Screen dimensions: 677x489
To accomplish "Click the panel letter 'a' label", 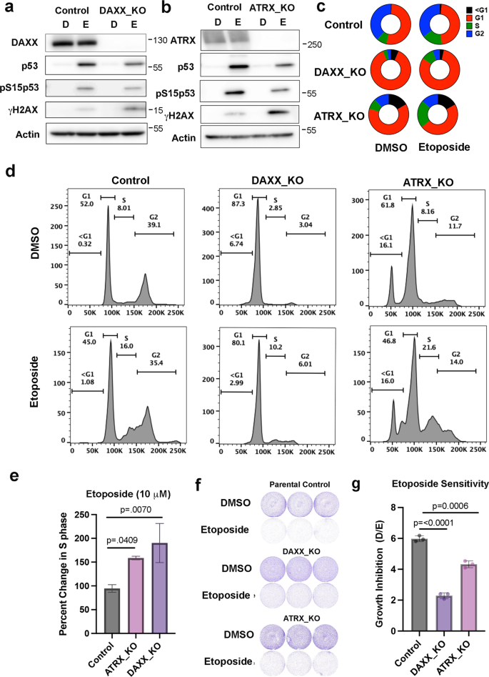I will coord(7,9).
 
